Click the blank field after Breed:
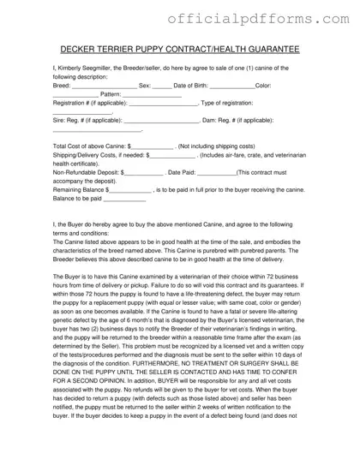click(x=104, y=86)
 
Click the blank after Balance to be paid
click(x=124, y=200)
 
